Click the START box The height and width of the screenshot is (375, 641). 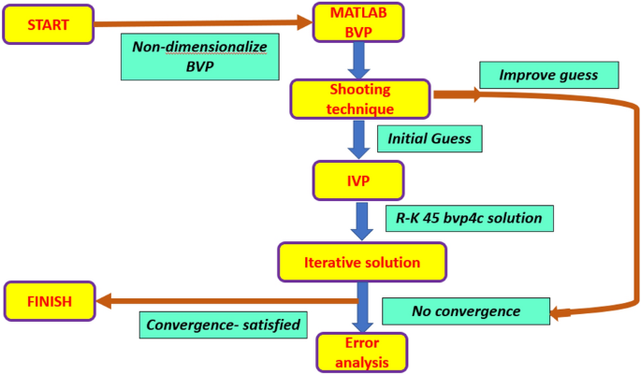coord(50,25)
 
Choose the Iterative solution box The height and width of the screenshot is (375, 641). coord(359,263)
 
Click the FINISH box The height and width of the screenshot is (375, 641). coord(49,302)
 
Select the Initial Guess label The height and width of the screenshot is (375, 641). coord(430,139)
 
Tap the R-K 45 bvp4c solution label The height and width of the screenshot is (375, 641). coord(469,219)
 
